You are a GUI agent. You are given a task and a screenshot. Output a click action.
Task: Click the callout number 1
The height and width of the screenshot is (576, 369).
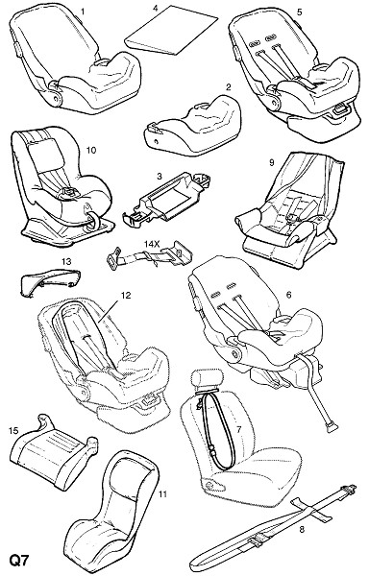[83, 12]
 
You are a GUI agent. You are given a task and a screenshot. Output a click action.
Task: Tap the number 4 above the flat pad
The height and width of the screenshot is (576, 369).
[155, 8]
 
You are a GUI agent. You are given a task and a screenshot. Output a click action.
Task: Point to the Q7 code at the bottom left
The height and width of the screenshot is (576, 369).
[18, 561]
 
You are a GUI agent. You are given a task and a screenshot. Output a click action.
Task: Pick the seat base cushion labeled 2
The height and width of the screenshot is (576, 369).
[192, 125]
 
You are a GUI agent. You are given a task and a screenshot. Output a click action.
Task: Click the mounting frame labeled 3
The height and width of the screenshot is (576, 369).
[166, 199]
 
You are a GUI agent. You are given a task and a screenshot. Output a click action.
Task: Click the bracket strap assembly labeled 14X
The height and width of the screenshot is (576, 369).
[150, 255]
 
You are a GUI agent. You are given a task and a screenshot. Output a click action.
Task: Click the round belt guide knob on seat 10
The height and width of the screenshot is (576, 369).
[92, 221]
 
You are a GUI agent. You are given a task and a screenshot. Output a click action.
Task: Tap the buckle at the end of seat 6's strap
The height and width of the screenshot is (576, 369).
[332, 428]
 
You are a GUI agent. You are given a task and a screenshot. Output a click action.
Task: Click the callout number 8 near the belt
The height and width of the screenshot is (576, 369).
[302, 529]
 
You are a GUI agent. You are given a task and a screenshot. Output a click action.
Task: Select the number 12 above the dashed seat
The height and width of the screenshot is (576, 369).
[126, 295]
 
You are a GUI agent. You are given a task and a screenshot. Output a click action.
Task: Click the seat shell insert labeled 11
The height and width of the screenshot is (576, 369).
[111, 511]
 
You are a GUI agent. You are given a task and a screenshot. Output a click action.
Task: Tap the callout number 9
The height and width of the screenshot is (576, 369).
[272, 162]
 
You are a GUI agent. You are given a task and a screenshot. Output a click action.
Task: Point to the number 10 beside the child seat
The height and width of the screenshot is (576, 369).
[90, 150]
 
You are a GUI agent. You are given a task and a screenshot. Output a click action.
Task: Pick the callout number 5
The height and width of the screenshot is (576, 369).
[299, 12]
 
